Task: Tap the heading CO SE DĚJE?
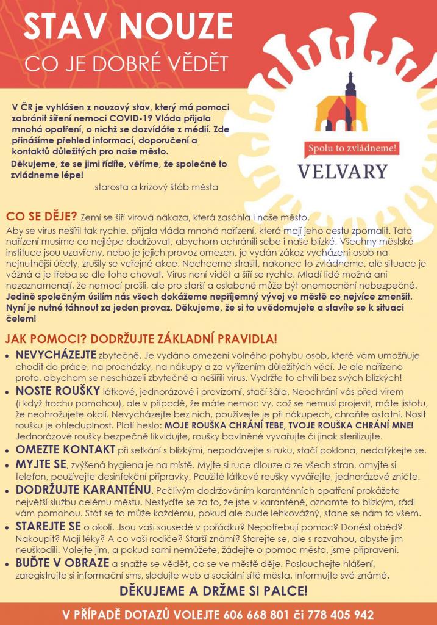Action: coord(41,216)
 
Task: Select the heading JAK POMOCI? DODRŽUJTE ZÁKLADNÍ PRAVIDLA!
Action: coord(141,338)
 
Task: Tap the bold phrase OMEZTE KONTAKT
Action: coord(66,450)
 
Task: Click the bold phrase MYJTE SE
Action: coord(41,465)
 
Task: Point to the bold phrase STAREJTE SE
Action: coord(49,527)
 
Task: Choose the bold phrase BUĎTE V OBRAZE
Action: coord(59,563)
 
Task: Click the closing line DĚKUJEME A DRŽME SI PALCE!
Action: coord(213,591)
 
